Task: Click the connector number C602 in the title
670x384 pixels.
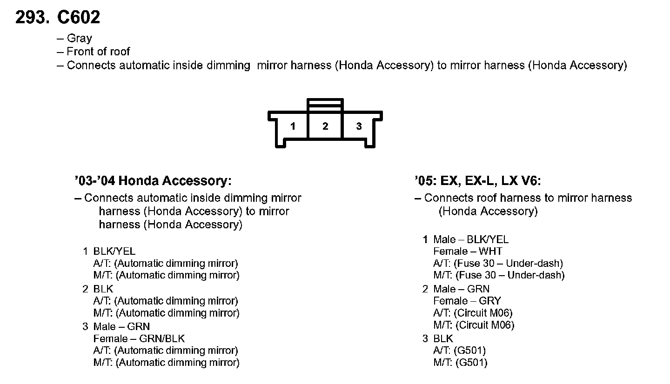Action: click(x=78, y=18)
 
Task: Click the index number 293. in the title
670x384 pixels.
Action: click(x=32, y=18)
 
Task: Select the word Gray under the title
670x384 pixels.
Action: click(x=79, y=39)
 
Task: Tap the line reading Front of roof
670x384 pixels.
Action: click(x=98, y=52)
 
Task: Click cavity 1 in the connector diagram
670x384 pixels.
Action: click(x=293, y=126)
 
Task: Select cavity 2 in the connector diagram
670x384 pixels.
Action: click(x=325, y=126)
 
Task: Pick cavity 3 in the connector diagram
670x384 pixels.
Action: click(x=359, y=126)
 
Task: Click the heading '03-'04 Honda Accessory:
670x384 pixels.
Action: click(x=153, y=180)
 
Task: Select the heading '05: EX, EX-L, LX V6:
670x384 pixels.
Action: click(x=478, y=180)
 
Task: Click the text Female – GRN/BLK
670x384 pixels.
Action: click(x=139, y=338)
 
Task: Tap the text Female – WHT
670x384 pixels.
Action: click(x=468, y=252)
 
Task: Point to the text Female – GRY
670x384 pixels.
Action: click(x=467, y=301)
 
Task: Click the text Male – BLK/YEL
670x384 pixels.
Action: click(x=471, y=239)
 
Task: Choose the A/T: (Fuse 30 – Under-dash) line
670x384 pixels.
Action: click(x=498, y=264)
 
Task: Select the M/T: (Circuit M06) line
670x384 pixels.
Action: click(x=474, y=325)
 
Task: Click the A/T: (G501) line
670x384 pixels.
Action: click(x=460, y=351)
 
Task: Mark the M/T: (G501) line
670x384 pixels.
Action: click(x=460, y=363)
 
